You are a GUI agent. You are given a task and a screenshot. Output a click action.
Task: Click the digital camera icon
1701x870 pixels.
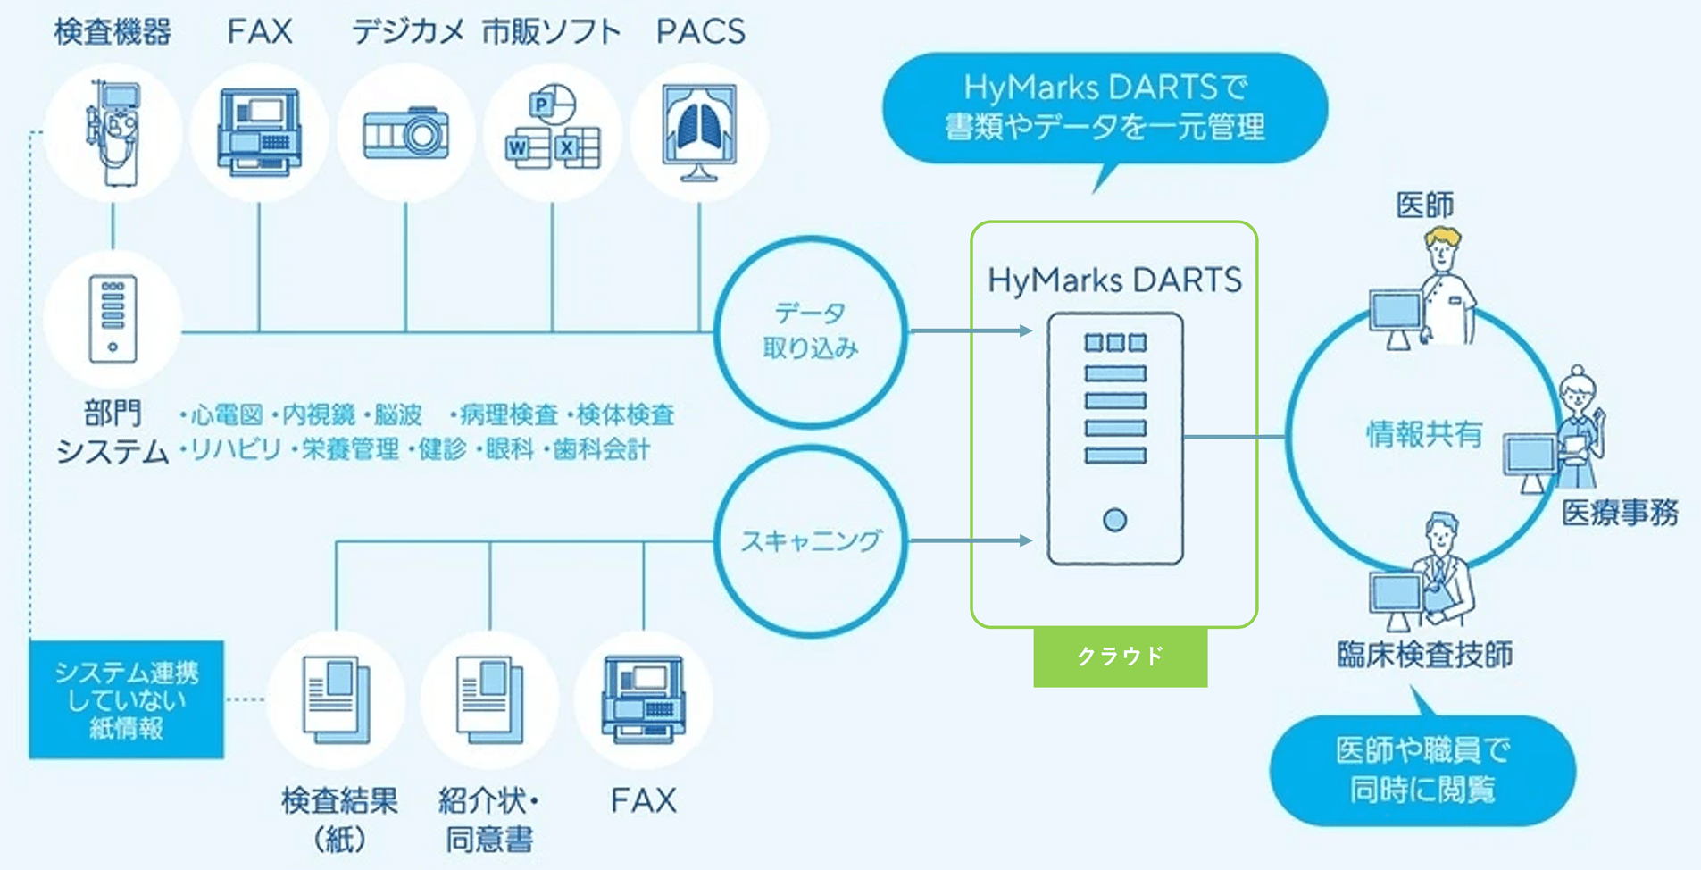(406, 134)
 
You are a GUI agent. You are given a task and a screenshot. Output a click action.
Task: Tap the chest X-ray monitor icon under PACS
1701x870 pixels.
(699, 131)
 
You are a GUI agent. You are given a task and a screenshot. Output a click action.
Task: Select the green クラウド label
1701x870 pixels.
(1120, 657)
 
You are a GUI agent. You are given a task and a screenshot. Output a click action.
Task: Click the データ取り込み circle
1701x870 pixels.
(810, 331)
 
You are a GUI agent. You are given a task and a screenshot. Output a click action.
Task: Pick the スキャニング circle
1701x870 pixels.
(810, 540)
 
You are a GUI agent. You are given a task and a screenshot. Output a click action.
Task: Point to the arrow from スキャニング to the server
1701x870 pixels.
(971, 540)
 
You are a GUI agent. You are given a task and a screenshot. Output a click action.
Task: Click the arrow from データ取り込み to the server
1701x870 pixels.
(971, 331)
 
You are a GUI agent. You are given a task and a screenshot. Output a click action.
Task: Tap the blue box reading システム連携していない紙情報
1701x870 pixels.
(126, 699)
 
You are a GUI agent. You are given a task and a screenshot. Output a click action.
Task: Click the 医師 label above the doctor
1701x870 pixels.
(1424, 205)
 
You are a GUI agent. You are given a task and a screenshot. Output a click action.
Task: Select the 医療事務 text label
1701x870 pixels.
(1620, 513)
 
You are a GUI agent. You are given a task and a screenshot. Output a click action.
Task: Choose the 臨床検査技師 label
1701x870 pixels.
(1424, 655)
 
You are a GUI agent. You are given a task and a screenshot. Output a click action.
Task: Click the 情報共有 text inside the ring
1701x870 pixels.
(1423, 435)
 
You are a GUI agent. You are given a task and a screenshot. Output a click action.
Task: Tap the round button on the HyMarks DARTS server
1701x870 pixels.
(1114, 520)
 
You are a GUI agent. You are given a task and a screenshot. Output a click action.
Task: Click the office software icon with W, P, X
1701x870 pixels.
(552, 131)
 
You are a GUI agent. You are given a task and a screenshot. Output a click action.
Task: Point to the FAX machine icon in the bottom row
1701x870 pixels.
(643, 699)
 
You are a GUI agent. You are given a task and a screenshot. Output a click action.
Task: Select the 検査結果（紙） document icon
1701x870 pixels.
(336, 699)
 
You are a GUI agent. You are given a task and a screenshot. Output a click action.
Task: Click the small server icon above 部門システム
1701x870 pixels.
(113, 319)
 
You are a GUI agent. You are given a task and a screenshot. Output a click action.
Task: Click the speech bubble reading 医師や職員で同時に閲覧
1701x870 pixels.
(1422, 770)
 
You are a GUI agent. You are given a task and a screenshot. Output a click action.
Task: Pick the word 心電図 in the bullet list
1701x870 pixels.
(227, 415)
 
